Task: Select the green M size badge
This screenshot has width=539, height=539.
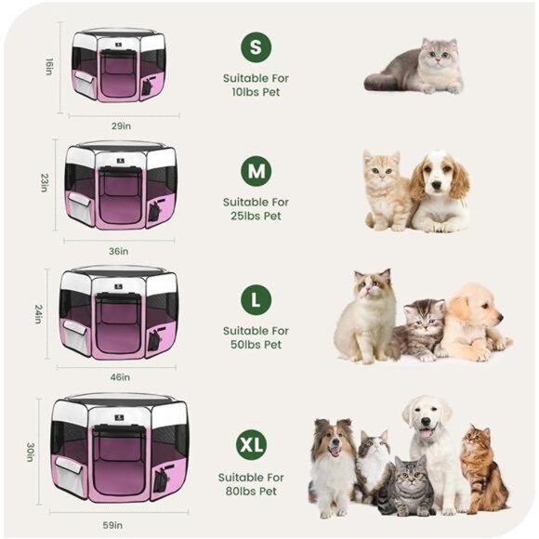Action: (256, 172)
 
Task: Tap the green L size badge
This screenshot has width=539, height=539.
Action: (256, 300)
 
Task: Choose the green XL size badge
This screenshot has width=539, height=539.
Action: (256, 444)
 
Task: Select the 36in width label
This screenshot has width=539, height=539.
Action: (119, 250)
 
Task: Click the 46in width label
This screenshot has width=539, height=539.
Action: (120, 377)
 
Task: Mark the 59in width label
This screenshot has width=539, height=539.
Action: (113, 525)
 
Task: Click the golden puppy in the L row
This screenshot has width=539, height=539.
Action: (474, 321)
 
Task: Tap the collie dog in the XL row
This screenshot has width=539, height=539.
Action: (332, 465)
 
